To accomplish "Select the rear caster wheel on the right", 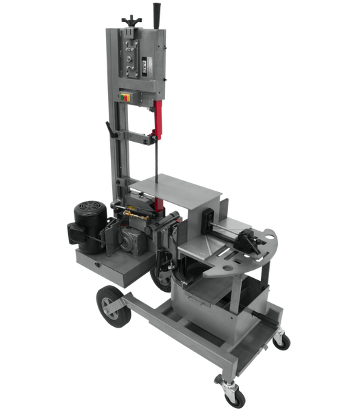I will click(282, 339).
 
